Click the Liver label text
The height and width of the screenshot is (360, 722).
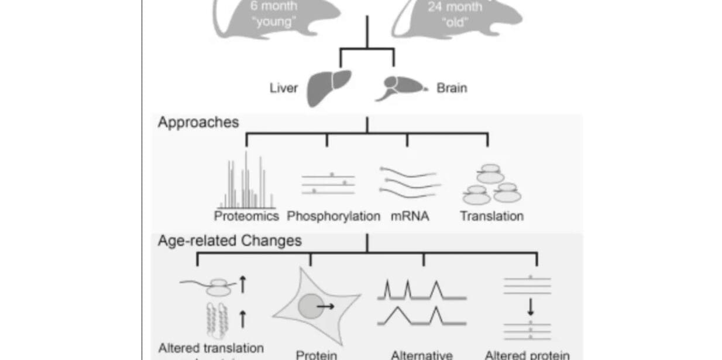(x=283, y=88)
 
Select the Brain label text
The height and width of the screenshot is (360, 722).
(x=452, y=88)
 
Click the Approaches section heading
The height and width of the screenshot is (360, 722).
(x=198, y=122)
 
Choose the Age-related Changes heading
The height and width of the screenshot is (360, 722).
(x=229, y=241)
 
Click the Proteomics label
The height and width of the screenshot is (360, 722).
(x=246, y=216)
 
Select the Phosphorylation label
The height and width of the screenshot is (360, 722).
(x=334, y=216)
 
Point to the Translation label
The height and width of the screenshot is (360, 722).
(x=491, y=216)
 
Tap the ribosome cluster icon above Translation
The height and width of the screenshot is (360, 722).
(x=492, y=186)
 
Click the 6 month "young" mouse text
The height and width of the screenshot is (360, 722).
(x=273, y=15)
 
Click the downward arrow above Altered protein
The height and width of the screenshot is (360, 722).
(x=531, y=307)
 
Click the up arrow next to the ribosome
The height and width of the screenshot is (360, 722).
(x=243, y=284)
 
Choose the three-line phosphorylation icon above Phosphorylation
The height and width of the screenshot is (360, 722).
(x=328, y=183)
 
